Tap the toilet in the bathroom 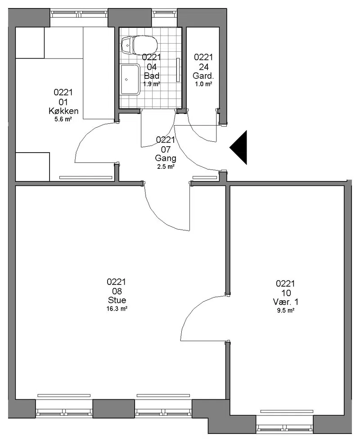(139, 45)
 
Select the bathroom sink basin (130, 80)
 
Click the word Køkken (63, 111)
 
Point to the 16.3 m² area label (117, 309)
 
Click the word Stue (117, 300)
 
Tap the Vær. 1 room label (286, 302)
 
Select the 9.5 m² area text (286, 311)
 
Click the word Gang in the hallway (166, 158)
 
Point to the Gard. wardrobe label (203, 76)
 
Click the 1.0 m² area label (203, 84)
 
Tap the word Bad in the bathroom (152, 76)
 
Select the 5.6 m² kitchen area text (63, 119)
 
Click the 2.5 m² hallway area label (166, 167)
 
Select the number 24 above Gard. (203, 67)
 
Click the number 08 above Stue (117, 291)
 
